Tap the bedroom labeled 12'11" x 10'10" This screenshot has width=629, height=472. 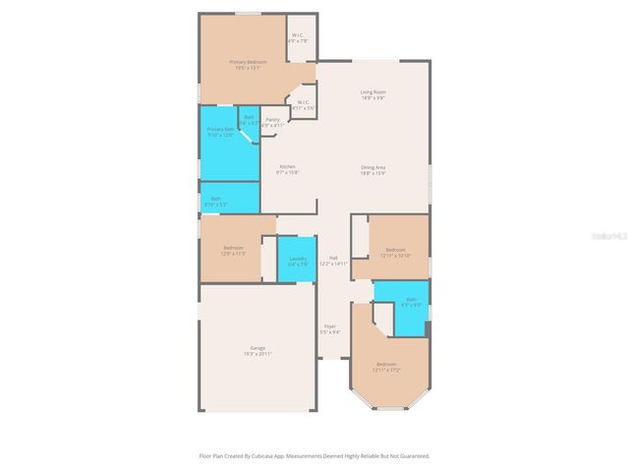pyautogui.click(x=396, y=253)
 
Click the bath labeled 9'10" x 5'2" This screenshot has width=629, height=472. pyautogui.click(x=216, y=200)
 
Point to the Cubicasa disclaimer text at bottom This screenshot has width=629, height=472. pyautogui.click(x=314, y=455)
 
